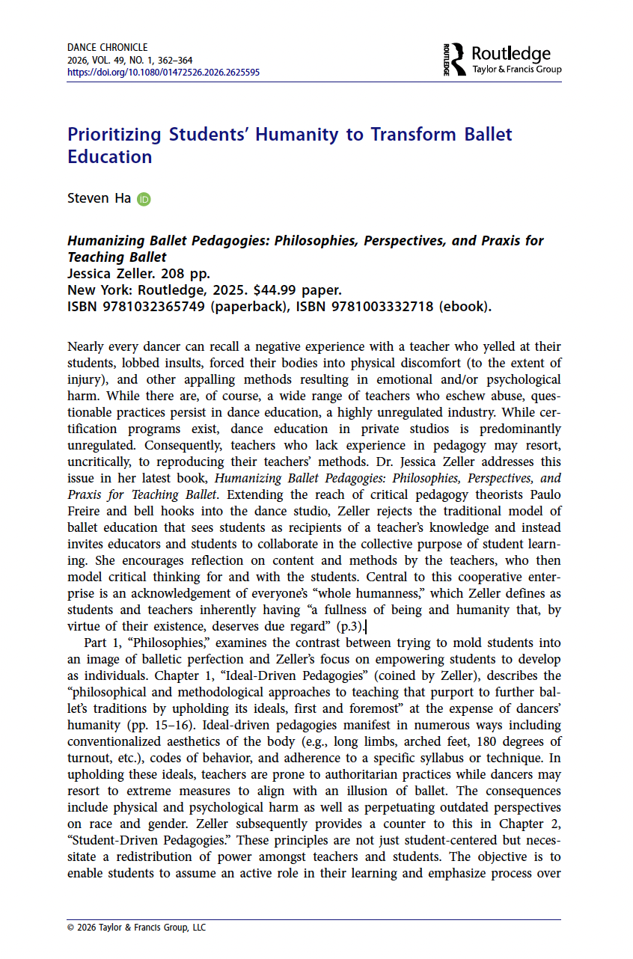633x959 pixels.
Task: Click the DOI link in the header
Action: point(163,73)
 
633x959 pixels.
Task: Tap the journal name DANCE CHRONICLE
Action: point(107,47)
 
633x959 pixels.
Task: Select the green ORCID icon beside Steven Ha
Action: point(144,200)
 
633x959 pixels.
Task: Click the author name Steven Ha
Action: point(99,199)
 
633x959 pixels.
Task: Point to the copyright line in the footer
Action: point(136,928)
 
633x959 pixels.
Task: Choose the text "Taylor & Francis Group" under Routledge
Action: point(517,70)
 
